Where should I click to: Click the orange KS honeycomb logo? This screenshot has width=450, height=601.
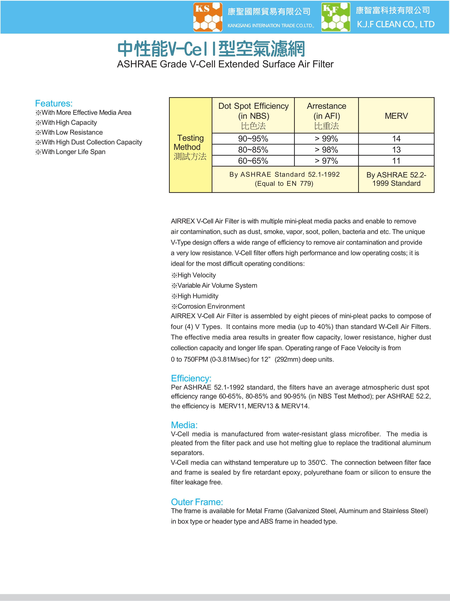point(208,17)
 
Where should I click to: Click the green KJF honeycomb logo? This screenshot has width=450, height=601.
point(336,17)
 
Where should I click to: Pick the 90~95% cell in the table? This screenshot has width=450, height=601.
point(253,139)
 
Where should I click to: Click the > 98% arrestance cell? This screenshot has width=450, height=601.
point(326,150)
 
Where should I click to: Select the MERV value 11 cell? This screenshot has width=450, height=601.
point(396,161)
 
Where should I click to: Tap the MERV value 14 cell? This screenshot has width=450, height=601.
point(396,139)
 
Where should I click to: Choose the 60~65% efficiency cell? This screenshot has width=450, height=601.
point(253,161)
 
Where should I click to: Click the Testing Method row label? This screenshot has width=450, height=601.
point(190,147)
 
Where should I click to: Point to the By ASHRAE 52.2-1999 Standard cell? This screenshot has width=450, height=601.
point(396,179)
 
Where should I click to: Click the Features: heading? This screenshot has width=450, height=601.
point(54,104)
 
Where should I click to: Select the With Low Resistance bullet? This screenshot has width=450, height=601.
point(72,132)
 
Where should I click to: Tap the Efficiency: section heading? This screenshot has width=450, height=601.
point(191,378)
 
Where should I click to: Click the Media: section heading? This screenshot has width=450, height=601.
point(184,425)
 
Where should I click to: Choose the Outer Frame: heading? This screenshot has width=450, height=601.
point(197,502)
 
